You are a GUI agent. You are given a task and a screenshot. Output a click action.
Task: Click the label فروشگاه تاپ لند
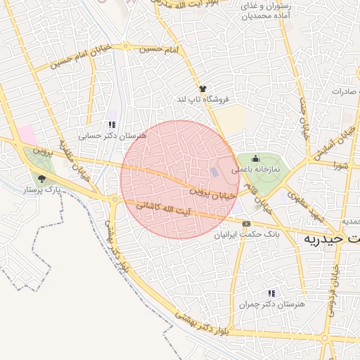(202, 100)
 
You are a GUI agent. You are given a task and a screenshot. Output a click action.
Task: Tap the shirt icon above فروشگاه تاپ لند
(202, 89)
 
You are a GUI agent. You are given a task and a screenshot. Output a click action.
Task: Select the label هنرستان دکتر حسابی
(112, 134)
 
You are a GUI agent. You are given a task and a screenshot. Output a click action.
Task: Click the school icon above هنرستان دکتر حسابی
(112, 124)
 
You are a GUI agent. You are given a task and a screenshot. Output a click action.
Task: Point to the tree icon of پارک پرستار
(41, 179)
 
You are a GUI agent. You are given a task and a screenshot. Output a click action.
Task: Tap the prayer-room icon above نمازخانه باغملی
(255, 158)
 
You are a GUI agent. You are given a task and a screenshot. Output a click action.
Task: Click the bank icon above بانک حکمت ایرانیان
(245, 224)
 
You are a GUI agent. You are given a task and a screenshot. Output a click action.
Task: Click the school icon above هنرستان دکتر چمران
(272, 293)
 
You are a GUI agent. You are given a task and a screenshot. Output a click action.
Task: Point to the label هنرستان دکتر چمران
(272, 304)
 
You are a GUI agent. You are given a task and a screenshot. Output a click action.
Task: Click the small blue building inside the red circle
(214, 172)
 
